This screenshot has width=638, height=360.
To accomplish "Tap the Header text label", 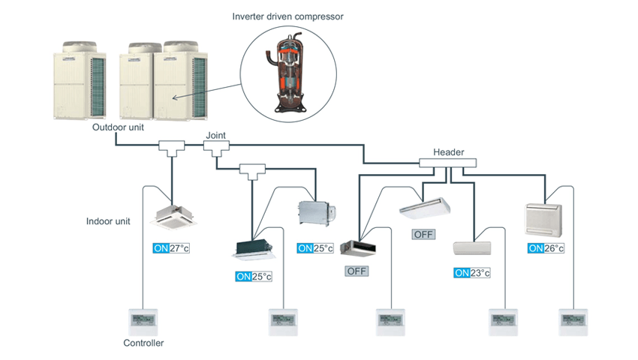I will pos(449,152).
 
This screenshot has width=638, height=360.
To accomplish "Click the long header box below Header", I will pos(447,163).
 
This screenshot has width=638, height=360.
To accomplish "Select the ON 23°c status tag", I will pos(472,273).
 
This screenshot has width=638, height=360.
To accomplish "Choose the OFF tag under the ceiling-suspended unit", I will pos(424,234).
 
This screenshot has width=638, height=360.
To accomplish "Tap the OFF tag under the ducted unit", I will pos(357,271).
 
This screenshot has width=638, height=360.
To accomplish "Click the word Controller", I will pos(143,343).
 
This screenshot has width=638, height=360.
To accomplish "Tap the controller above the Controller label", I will pos(143,320).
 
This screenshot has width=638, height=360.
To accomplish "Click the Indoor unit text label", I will pos(107,221).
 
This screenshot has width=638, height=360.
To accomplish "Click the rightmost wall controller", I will pos(573,320).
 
